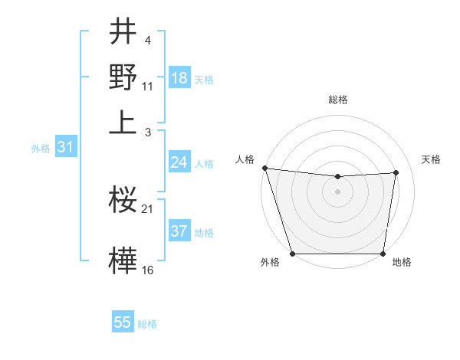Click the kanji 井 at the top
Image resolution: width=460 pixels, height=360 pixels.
click(123, 33)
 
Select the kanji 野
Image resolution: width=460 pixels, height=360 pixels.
click(123, 77)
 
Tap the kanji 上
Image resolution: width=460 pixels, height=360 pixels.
click(123, 122)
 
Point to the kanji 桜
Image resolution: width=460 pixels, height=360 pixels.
click(123, 201)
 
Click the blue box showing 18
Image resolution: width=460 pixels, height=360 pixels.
click(179, 78)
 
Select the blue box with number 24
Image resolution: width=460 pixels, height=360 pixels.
click(179, 162)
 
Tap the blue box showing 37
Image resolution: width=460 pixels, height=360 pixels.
click(179, 231)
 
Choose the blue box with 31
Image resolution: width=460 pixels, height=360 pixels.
click(65, 147)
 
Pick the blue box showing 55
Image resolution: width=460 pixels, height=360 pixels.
click(123, 322)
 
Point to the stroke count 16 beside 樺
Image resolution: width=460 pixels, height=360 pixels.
click(148, 270)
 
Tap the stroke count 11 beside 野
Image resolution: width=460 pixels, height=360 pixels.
click(148, 86)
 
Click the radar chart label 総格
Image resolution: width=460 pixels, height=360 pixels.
click(337, 100)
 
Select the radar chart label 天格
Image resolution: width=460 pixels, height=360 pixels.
click(432, 159)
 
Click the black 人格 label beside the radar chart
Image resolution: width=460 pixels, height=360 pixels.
click(245, 159)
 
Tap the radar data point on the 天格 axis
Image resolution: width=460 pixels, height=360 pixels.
click(396, 172)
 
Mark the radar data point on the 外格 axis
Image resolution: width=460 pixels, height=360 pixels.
click(292, 254)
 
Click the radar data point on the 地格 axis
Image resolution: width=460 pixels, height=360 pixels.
click(383, 254)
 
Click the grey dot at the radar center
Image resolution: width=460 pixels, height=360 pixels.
click(337, 191)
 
